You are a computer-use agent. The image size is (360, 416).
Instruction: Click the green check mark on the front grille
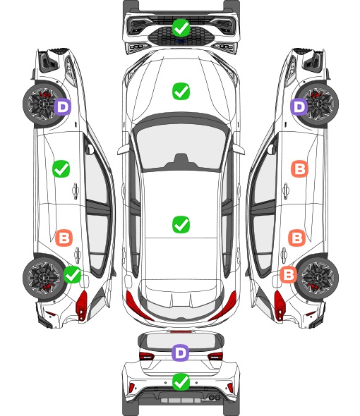[181, 27]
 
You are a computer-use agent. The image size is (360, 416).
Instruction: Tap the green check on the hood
[181, 91]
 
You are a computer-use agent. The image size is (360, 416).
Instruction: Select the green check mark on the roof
[181, 224]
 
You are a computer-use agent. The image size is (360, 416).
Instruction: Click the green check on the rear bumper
[181, 381]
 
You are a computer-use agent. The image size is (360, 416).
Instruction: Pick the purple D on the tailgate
[181, 353]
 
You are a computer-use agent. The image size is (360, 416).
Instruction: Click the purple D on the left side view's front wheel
[62, 106]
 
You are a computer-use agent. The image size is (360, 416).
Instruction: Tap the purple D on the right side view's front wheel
[299, 106]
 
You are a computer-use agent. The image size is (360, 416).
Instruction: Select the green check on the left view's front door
[61, 169]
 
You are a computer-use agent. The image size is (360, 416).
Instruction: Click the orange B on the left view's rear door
[64, 238]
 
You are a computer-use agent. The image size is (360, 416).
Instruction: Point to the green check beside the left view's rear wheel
[72, 274]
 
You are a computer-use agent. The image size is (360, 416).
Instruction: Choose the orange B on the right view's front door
[300, 169]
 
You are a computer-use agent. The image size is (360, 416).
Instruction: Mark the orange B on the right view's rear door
[297, 238]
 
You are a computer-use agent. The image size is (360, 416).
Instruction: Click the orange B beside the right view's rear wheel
[289, 274]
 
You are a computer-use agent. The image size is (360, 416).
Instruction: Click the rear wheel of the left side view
[43, 278]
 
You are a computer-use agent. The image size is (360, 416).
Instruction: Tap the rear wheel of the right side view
[318, 278]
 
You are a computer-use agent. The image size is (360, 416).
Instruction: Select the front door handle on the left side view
[76, 190]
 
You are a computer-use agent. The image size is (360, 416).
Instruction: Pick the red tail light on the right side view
[280, 305]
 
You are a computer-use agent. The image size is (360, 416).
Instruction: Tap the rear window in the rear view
[181, 341]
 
